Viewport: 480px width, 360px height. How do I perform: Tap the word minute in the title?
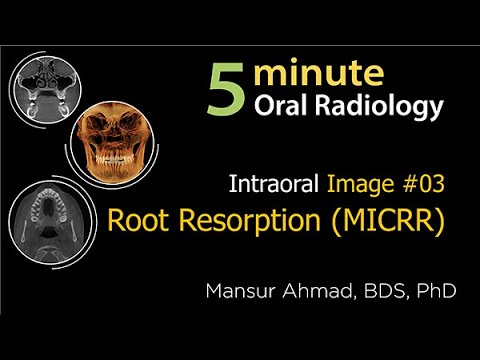click(x=318, y=72)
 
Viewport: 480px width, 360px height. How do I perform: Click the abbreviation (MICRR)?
click(x=386, y=221)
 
